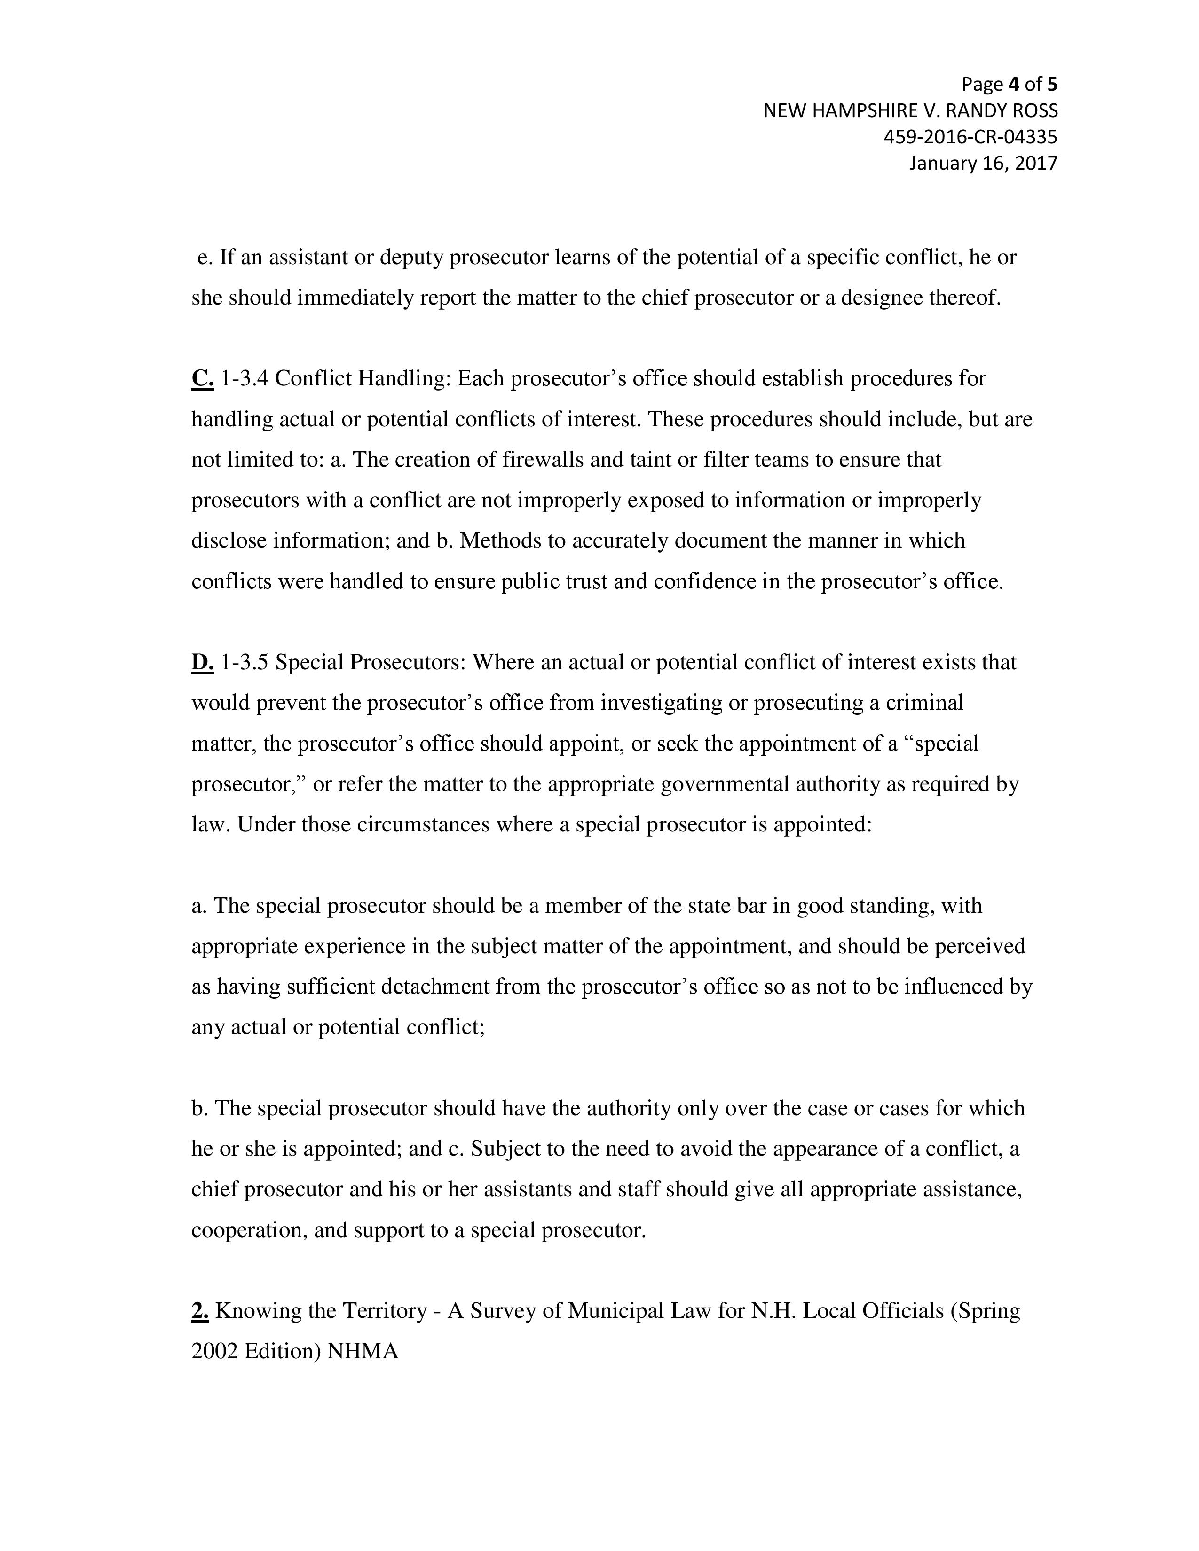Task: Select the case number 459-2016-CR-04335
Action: (970, 137)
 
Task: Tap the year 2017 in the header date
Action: (1036, 164)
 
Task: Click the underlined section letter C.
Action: (203, 378)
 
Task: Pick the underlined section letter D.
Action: (203, 663)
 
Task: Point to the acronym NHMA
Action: (363, 1351)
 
